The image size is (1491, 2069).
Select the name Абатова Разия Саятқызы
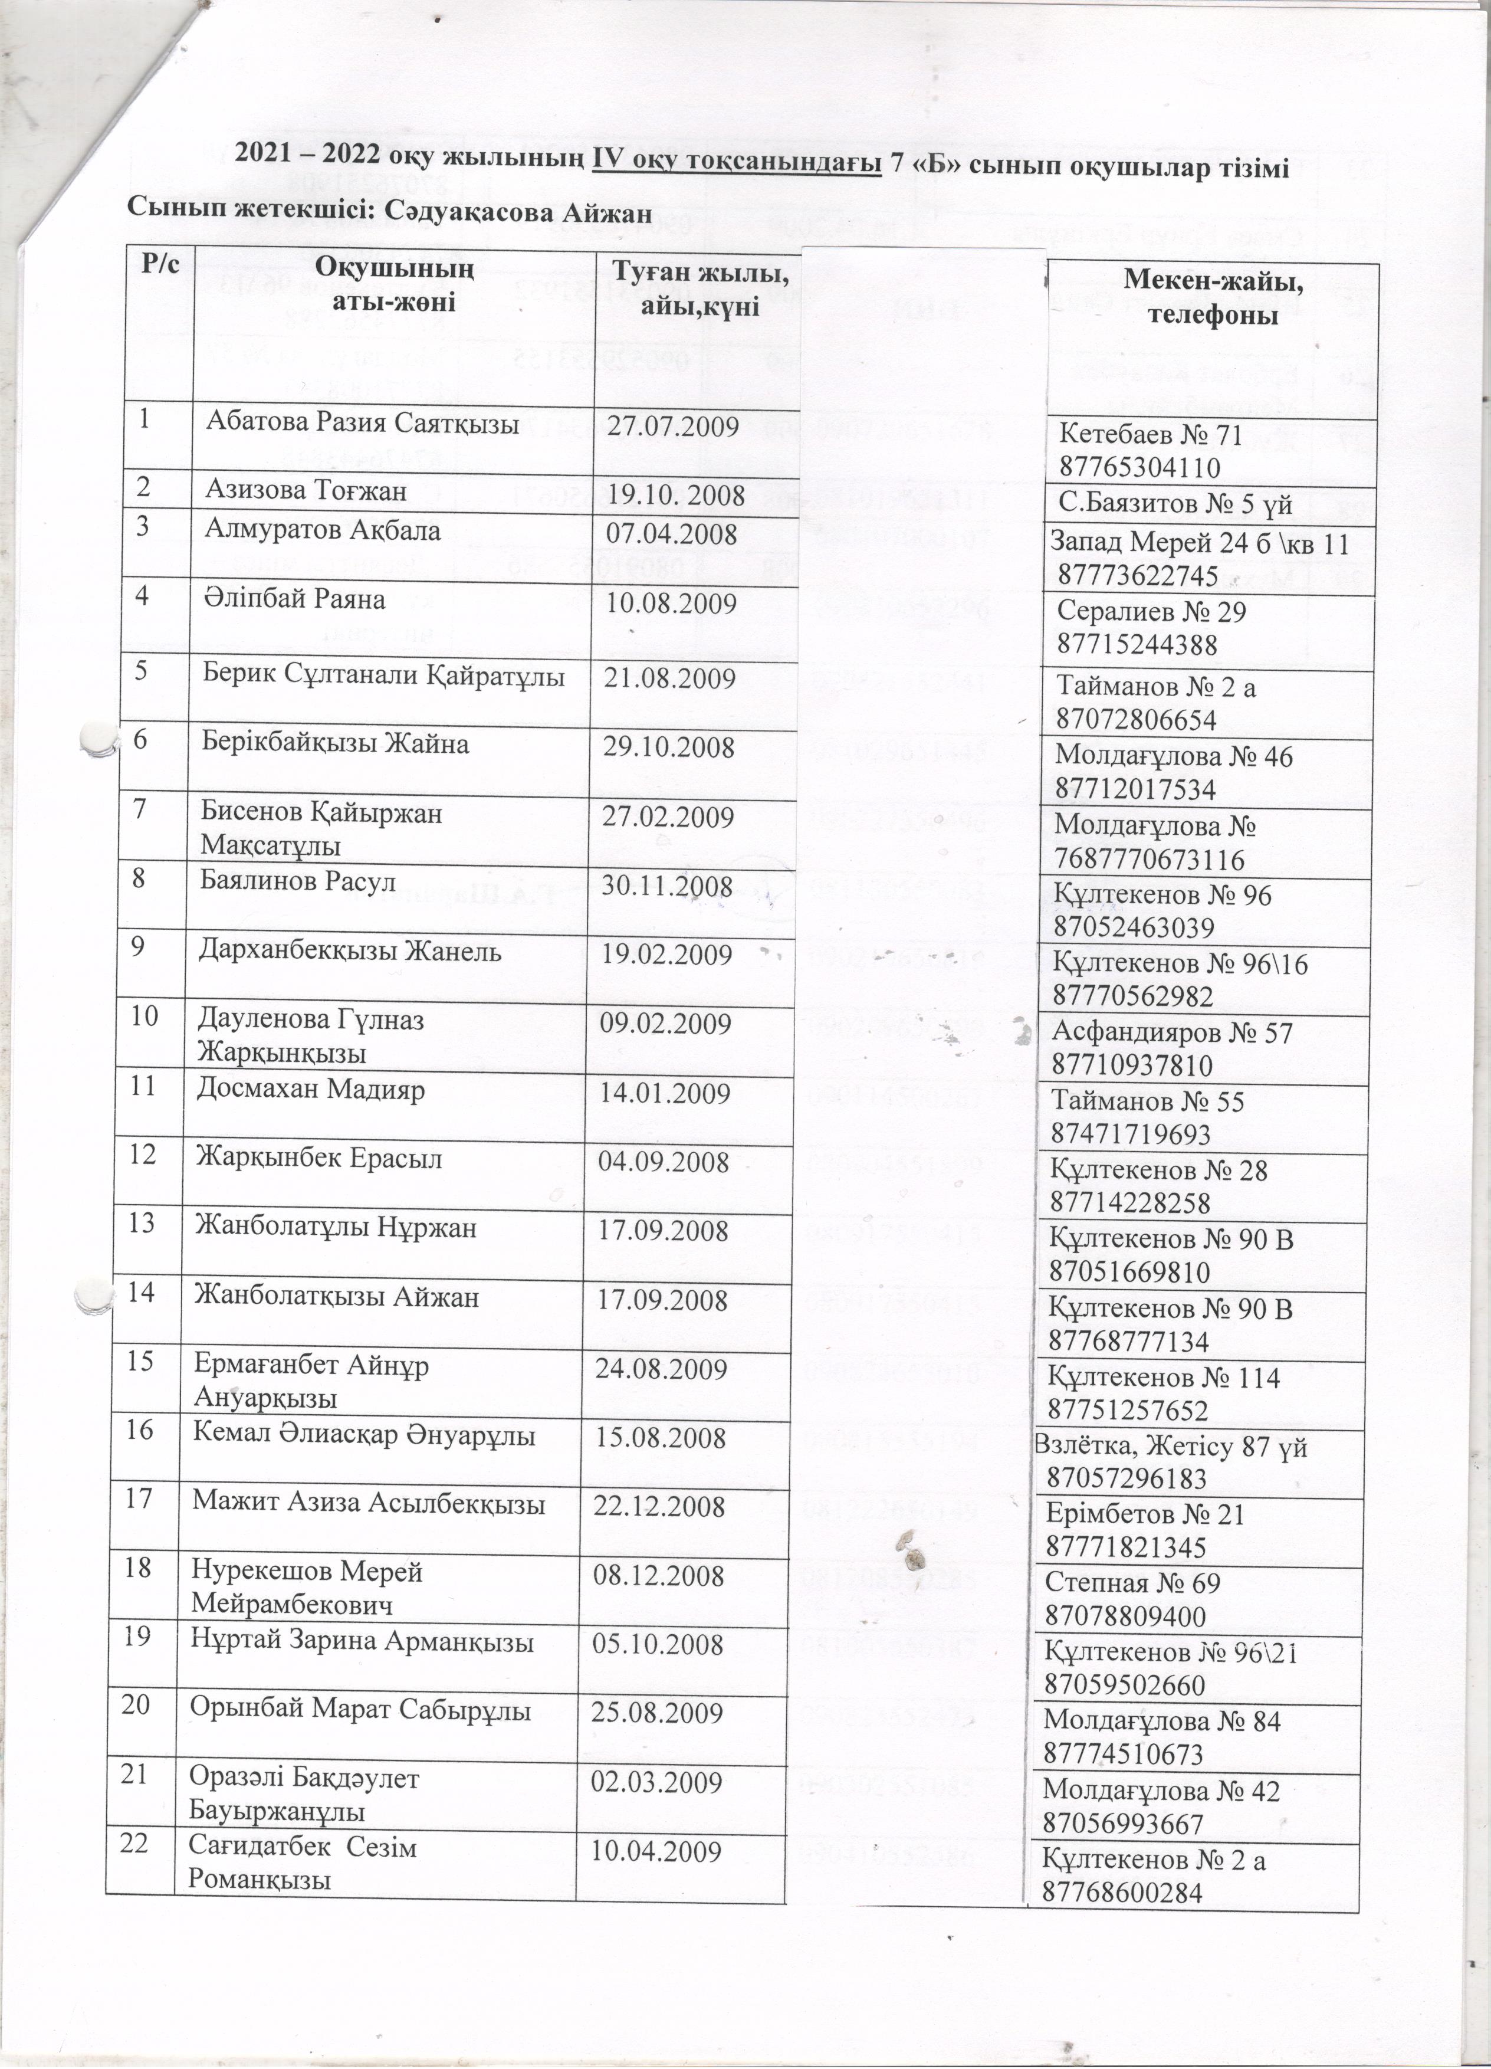(x=362, y=422)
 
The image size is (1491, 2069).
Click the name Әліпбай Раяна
(x=294, y=599)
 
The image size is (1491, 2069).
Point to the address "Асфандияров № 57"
(x=1172, y=1032)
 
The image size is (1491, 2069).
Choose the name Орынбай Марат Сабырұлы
(x=360, y=1710)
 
